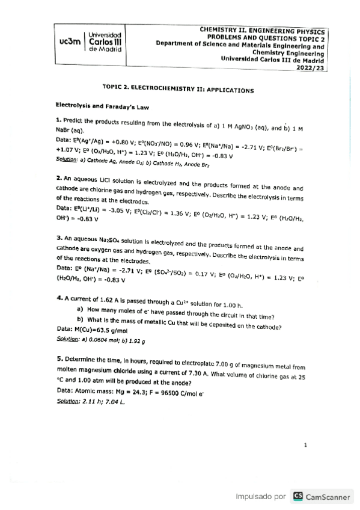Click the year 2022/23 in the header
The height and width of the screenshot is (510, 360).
point(310,69)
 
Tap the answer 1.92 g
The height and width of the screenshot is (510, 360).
point(135,340)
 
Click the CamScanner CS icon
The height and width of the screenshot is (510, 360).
point(297,497)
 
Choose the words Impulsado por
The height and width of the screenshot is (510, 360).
point(260,497)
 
